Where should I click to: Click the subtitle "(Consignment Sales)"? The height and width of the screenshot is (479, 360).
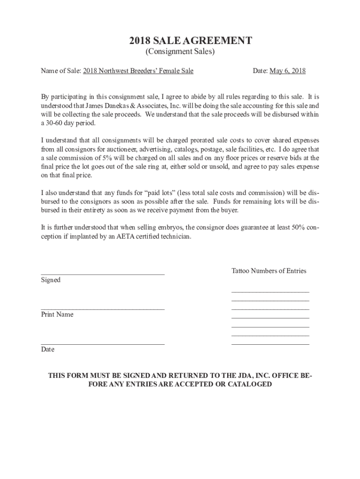pos(180,52)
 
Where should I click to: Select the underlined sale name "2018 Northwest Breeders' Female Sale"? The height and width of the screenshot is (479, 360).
pos(138,71)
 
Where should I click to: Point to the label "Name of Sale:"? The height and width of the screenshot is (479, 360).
pos(61,71)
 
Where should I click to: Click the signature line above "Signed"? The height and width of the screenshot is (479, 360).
pos(103,274)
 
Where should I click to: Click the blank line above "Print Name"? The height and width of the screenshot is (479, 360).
pos(103,309)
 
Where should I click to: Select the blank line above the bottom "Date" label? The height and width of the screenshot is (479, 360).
pos(103,344)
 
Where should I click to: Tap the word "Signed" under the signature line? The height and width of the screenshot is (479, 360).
pos(51,280)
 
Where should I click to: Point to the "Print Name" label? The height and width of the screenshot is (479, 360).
pos(57,314)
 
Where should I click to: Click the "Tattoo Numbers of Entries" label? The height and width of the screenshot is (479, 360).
pos(269,271)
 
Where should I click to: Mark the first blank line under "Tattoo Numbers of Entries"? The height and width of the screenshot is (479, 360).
pos(270,291)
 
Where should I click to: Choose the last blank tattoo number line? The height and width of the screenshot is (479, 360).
pos(270,344)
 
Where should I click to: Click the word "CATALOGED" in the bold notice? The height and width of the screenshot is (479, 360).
pos(251,385)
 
